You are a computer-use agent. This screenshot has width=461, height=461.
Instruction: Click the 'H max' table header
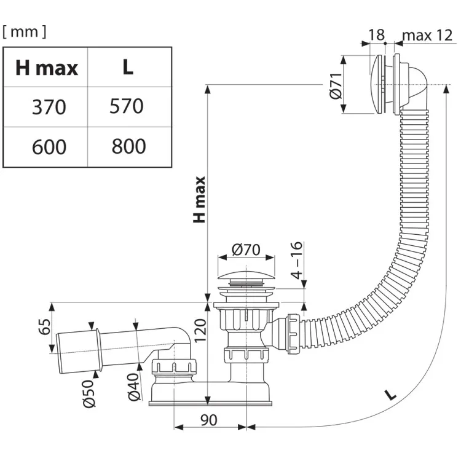pyautogui.click(x=47, y=68)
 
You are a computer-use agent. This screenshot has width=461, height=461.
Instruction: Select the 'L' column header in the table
pyautogui.click(x=128, y=67)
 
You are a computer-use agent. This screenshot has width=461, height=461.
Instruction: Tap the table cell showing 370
pyautogui.click(x=49, y=107)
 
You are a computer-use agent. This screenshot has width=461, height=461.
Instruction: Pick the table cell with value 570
pyautogui.click(x=127, y=106)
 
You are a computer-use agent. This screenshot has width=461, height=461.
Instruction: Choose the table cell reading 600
pyautogui.click(x=49, y=147)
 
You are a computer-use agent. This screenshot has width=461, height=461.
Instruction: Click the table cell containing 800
pyautogui.click(x=129, y=146)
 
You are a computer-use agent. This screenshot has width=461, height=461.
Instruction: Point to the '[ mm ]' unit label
pyautogui.click(x=25, y=31)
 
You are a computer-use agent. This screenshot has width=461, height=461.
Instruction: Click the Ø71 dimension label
pyautogui.click(x=336, y=86)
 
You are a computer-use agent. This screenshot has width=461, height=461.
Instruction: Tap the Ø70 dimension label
pyautogui.click(x=246, y=250)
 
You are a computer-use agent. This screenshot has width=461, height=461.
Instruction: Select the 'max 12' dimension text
pyautogui.click(x=427, y=35)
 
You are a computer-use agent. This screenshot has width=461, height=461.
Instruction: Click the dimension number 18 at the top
pyautogui.click(x=376, y=34)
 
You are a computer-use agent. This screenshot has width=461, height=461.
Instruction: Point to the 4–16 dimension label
pyautogui.click(x=296, y=261)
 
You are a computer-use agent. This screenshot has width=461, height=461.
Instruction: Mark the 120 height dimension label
pyautogui.click(x=200, y=330)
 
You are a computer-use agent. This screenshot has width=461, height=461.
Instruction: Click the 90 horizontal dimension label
pyautogui.click(x=209, y=420)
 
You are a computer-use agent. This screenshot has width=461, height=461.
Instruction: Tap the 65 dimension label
pyautogui.click(x=45, y=326)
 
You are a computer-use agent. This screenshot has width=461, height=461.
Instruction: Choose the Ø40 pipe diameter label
pyautogui.click(x=134, y=387)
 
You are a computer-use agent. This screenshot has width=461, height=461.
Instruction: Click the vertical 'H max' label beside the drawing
pyautogui.click(x=199, y=200)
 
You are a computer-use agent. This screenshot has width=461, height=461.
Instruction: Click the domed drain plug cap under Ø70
pyautogui.click(x=246, y=275)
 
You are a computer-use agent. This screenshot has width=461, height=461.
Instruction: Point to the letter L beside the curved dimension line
pyautogui.click(x=391, y=395)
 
